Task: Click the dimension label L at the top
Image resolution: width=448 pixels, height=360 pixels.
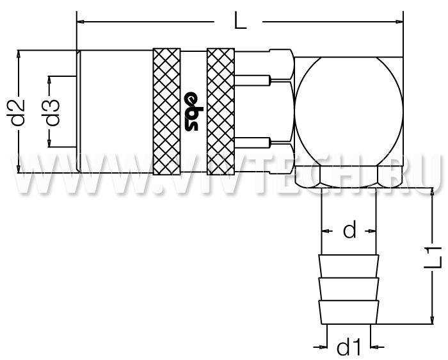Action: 240,20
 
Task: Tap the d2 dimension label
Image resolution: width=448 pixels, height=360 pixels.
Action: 18,112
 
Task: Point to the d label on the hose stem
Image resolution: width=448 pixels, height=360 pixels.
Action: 349,229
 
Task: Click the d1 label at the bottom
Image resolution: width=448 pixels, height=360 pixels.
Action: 349,347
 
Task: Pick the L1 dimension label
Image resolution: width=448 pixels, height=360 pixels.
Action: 433,258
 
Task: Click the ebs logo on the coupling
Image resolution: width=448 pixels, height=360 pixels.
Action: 191,111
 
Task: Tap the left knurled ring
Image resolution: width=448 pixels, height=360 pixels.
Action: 166,111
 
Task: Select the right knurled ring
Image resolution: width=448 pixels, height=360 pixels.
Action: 221,111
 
